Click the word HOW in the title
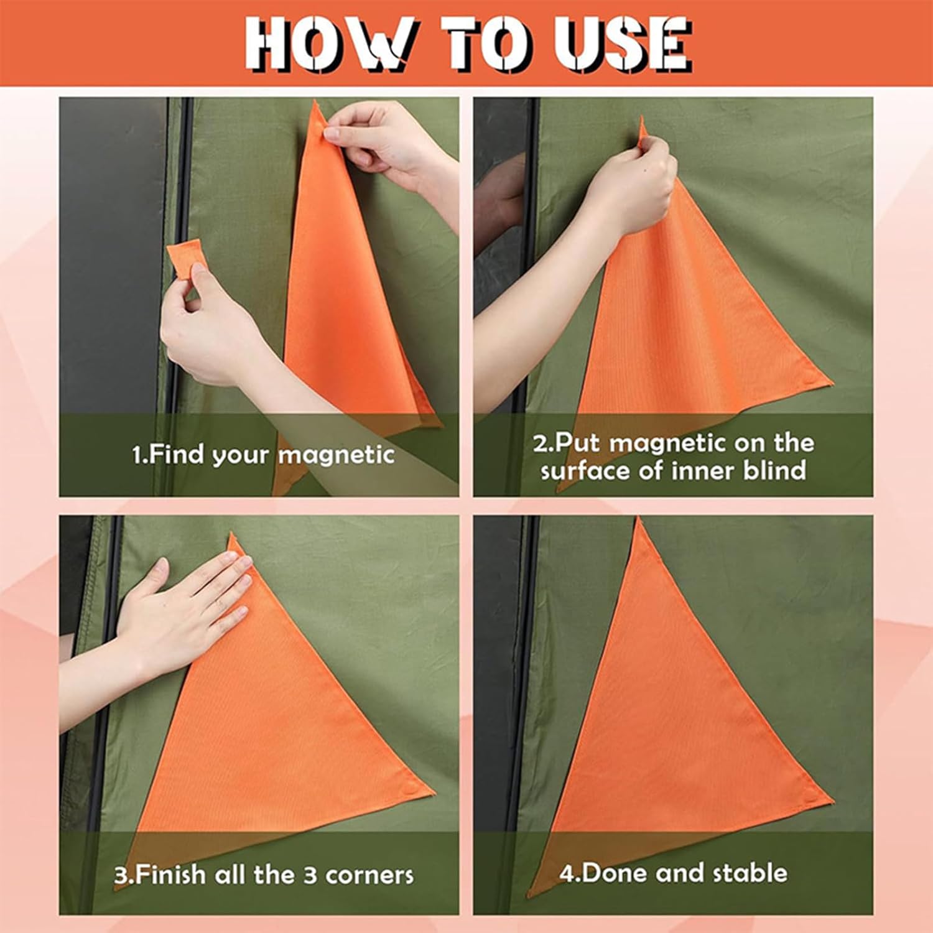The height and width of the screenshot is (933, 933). pos(329,44)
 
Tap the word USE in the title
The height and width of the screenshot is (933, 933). pos(623,44)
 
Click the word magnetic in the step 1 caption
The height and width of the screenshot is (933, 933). pos(336,455)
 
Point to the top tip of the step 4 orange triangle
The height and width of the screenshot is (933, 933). pos(638,518)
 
